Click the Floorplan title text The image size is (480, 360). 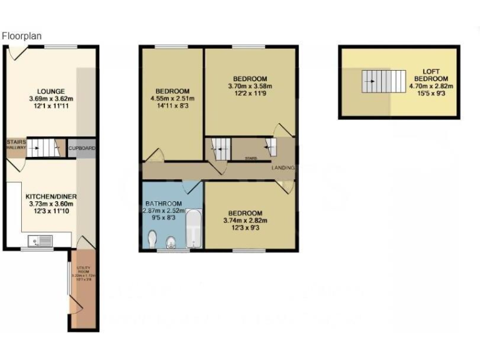[x=22, y=36]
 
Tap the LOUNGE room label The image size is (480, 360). [x=51, y=91]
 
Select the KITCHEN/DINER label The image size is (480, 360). [x=51, y=196]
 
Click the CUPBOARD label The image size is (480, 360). [x=81, y=148]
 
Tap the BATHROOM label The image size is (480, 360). [x=163, y=204]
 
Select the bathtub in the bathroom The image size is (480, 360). [x=194, y=229]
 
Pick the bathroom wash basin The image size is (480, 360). [x=171, y=241]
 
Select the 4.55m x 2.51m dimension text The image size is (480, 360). [x=172, y=99]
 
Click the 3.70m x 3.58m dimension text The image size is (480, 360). [x=250, y=86]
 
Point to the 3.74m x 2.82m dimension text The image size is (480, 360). [x=245, y=221]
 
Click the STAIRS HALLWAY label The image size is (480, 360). [x=16, y=146]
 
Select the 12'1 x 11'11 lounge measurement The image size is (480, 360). [x=51, y=107]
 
